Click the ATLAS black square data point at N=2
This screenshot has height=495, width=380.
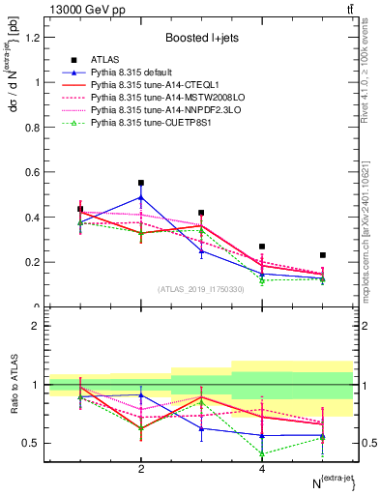coord(141,183)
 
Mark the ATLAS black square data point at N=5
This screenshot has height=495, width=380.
coord(323,255)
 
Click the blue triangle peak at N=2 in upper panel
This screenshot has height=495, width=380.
coord(141,197)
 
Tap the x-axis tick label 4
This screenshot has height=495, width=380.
coord(262,469)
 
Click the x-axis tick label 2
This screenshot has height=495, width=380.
coord(141,469)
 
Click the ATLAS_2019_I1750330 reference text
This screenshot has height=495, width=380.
coord(200,289)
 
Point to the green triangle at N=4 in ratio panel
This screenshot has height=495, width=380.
coord(262,453)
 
